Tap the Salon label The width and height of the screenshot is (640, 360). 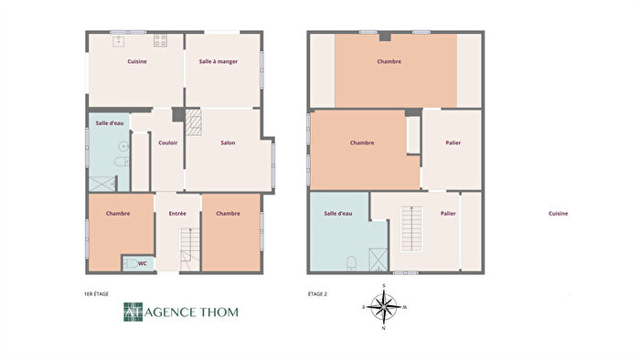[228, 143]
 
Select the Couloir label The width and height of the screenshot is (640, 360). [167, 143]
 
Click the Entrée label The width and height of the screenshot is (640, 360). [177, 214]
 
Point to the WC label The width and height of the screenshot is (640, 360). [142, 263]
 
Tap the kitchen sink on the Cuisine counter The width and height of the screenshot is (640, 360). [118, 40]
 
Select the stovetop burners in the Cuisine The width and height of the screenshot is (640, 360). [161, 40]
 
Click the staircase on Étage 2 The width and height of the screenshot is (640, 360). [413, 230]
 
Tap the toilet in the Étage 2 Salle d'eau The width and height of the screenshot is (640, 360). [352, 263]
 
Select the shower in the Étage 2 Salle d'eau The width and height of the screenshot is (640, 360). [379, 259]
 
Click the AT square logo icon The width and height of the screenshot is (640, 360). [133, 312]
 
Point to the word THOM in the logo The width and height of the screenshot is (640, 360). [217, 312]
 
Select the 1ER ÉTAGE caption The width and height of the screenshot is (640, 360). [96, 294]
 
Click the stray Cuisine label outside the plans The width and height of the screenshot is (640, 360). [558, 214]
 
